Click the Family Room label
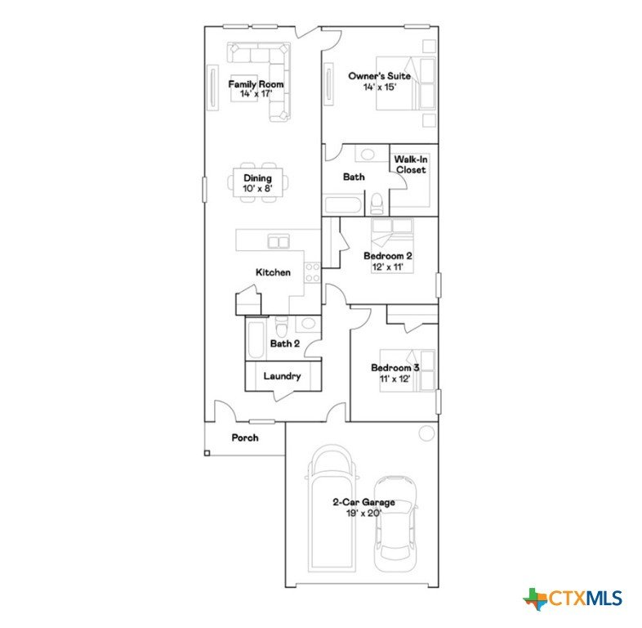256,84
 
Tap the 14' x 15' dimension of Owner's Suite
380,87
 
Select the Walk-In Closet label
411,164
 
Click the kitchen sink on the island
279,241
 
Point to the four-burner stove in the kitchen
312,272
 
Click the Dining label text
257,178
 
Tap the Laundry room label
282,376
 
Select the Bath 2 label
285,343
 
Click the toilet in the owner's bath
376,204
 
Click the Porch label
245,437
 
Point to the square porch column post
207,453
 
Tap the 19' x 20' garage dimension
364,513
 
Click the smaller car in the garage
395,524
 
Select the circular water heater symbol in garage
426,433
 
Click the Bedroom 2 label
388,256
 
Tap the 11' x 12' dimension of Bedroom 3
395,379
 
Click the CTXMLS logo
573,599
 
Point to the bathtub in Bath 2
256,341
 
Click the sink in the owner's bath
368,155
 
